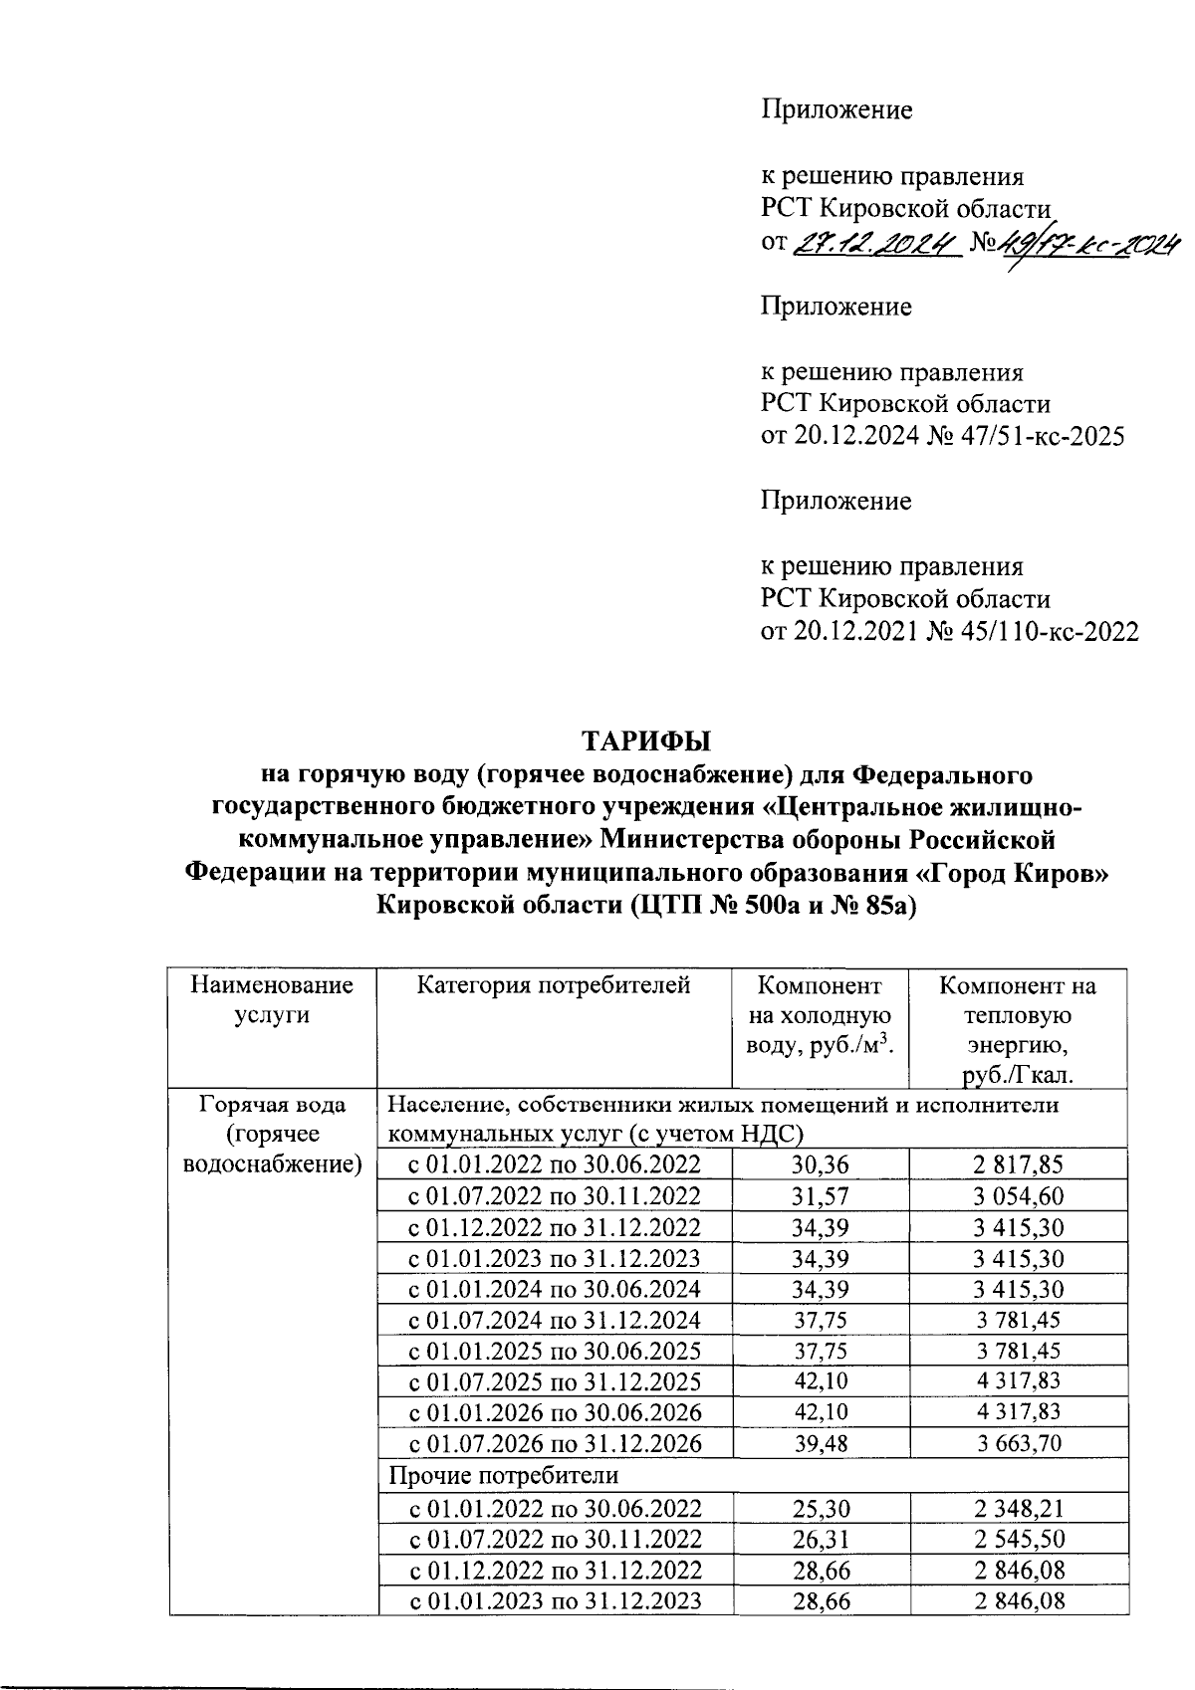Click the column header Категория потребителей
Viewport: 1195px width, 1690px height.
553,986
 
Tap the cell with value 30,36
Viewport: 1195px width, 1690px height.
821,1164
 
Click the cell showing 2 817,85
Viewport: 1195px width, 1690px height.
1019,1164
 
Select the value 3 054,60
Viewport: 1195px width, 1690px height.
1019,1195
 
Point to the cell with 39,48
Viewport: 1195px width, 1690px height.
821,1443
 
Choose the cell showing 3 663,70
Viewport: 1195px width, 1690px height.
1019,1443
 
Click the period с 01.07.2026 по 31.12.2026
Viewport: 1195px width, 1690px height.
556,1443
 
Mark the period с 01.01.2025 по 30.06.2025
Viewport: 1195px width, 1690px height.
556,1351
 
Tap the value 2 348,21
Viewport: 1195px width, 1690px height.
1019,1508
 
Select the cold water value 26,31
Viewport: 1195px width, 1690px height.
821,1539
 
